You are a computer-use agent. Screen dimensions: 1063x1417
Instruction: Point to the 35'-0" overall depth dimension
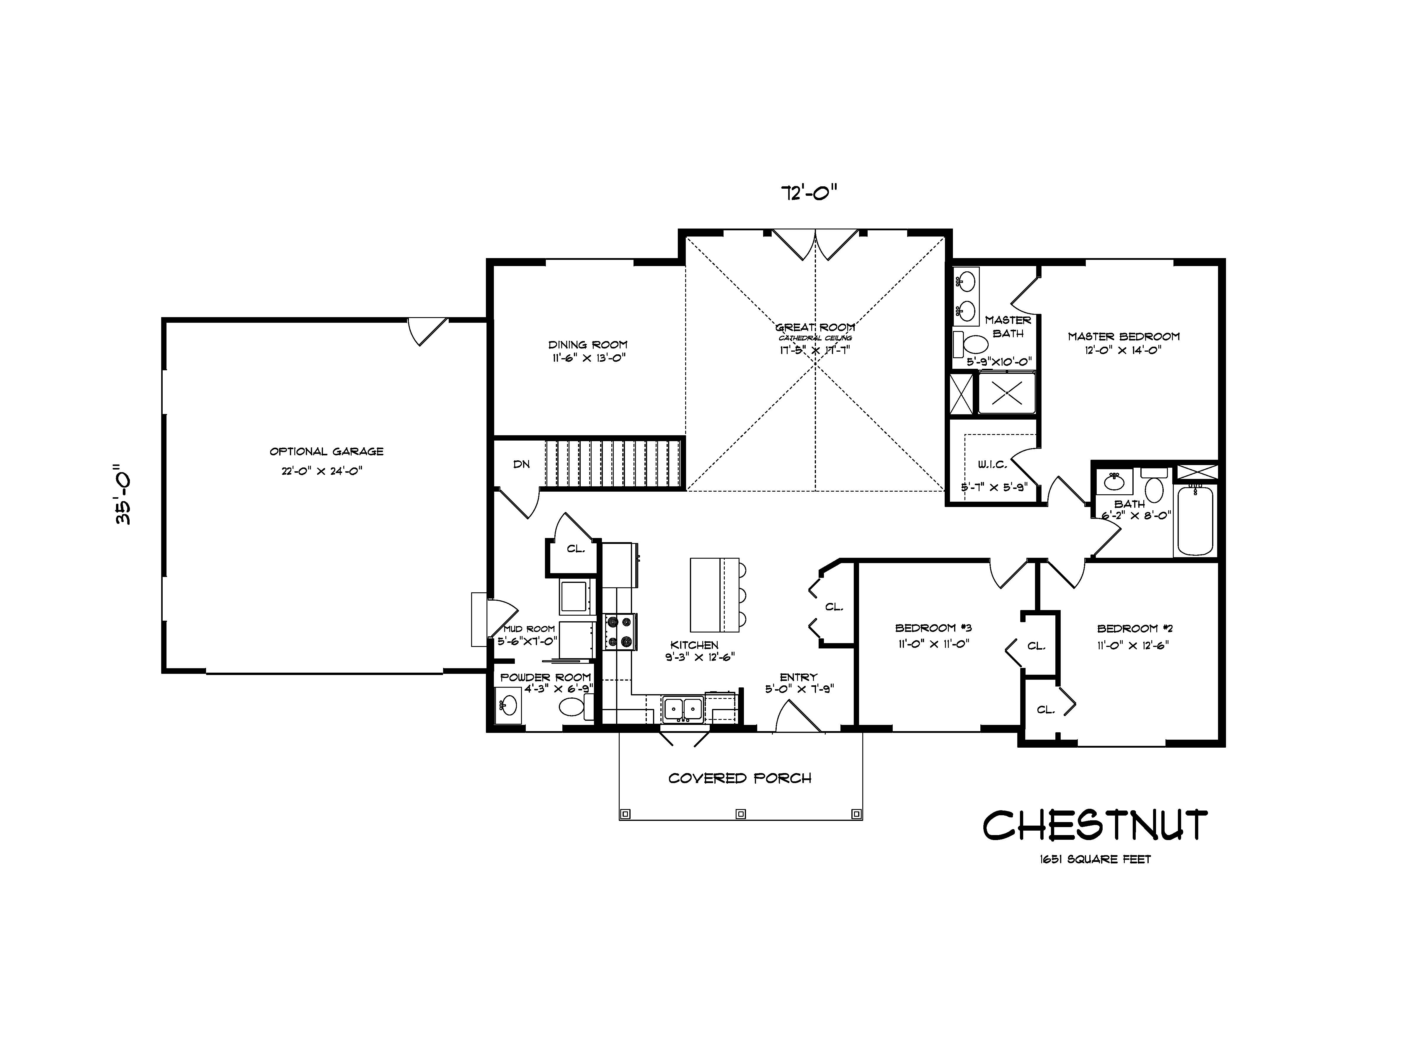point(123,494)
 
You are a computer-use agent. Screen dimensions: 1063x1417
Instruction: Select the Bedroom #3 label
point(933,628)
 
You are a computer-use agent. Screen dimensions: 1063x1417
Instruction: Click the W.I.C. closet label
point(992,464)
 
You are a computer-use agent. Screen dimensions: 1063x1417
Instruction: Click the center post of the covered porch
point(740,814)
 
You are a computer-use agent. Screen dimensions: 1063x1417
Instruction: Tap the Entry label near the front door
point(798,677)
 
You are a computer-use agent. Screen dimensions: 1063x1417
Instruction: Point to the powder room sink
point(509,705)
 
